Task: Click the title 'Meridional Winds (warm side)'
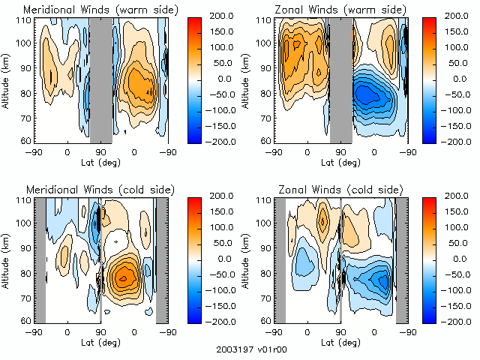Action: tap(100, 10)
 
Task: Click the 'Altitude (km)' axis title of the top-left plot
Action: tap(7, 79)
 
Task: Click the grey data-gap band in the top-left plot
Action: tap(100, 79)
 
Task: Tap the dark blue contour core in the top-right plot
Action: tap(365, 94)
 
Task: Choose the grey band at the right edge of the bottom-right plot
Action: tap(402, 259)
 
